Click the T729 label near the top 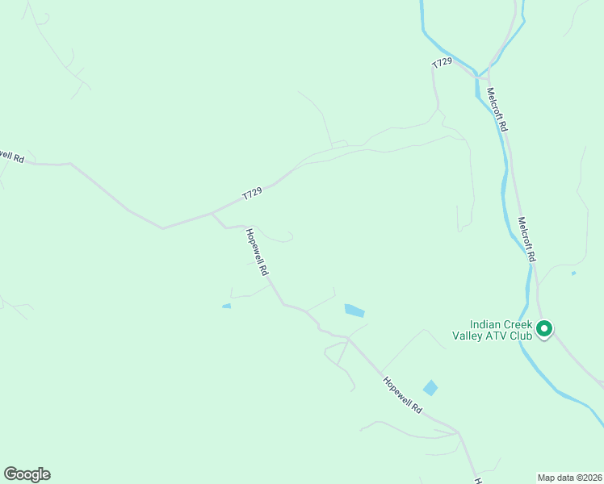442,63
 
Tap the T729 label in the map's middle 253,193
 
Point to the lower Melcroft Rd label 526,239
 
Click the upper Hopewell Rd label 256,252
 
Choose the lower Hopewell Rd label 402,395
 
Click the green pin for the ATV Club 544,328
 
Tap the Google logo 27,474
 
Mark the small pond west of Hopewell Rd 226,306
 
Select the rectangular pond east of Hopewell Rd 354,310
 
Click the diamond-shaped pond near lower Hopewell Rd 430,388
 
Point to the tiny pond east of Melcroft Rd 573,273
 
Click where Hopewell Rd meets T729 212,214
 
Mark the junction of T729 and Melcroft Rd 477,77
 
